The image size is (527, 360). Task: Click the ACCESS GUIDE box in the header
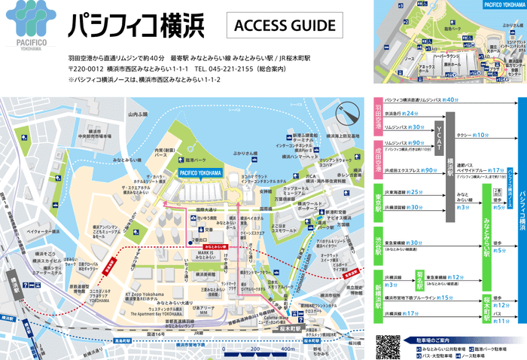(x=285, y=25)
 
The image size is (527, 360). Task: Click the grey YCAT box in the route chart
(x=439, y=136)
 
